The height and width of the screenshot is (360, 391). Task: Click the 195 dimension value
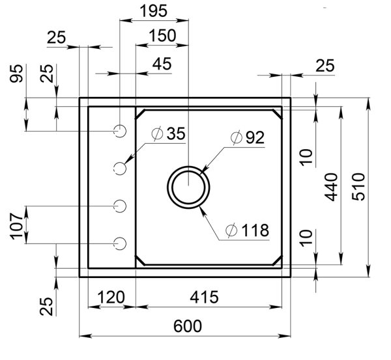coord(154,10)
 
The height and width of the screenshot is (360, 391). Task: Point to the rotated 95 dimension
coord(18,74)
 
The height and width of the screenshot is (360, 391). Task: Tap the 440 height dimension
coord(330,187)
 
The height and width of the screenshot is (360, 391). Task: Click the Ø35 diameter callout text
coord(168,134)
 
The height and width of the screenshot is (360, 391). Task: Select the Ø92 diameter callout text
coord(246,138)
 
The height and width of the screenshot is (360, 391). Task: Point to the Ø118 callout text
coord(247,230)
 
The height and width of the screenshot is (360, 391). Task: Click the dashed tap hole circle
coord(119,168)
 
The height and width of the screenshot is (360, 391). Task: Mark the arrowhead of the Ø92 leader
coord(203,170)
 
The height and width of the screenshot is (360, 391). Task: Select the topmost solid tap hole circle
coord(119,131)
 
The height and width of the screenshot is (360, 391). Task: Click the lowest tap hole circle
coord(119,243)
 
